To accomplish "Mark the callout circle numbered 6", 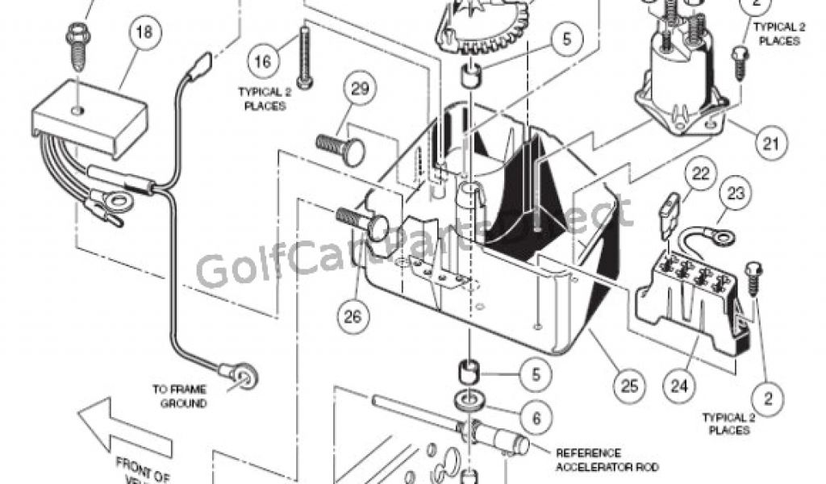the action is pyautogui.click(x=536, y=416).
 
